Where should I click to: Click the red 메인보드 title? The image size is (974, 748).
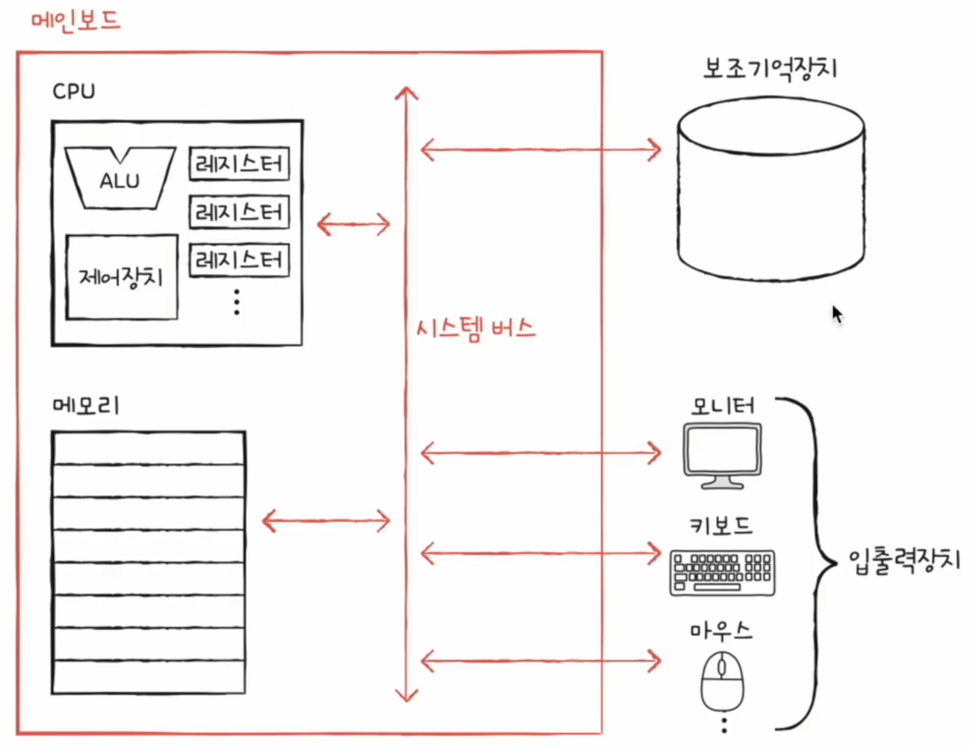[x=76, y=21]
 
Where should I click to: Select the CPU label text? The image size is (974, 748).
[x=74, y=91]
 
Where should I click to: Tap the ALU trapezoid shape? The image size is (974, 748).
[x=119, y=178]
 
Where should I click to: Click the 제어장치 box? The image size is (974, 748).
[x=122, y=277]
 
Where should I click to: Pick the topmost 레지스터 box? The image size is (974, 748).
[x=239, y=164]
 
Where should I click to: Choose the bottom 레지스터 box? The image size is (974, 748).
[x=239, y=260]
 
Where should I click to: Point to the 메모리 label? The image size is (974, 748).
[x=85, y=405]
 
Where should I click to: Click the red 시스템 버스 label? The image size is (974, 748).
[x=476, y=328]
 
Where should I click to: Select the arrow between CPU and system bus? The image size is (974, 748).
[x=354, y=224]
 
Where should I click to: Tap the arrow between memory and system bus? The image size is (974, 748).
[x=326, y=522]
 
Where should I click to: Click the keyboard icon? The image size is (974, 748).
[x=722, y=572]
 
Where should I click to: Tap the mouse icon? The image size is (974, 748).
[x=721, y=682]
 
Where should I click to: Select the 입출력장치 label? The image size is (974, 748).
[x=905, y=561]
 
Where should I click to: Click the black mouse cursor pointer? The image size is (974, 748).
[x=837, y=314]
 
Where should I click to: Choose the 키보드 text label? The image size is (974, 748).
[x=721, y=525]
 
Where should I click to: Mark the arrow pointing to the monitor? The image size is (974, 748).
[x=540, y=452]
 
